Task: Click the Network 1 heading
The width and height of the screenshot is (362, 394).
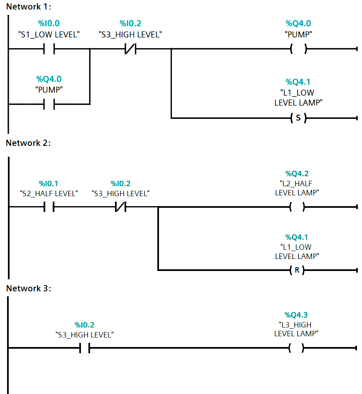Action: coord(29,7)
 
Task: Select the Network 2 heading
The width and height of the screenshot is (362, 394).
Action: coord(29,143)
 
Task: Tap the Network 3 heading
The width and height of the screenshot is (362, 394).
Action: coord(29,288)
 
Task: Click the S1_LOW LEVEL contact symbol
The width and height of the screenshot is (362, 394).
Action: coord(49,49)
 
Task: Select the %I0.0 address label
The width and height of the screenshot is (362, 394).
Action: coord(49,24)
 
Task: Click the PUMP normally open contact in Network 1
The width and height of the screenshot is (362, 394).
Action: coord(49,104)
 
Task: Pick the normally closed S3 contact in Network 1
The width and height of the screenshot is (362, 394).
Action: coord(130,49)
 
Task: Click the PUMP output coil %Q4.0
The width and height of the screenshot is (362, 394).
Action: coord(298,49)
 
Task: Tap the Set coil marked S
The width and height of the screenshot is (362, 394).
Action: coord(298,118)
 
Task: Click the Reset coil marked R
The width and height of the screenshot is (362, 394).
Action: coord(297,270)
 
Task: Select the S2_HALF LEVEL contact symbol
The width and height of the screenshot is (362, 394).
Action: coord(49,207)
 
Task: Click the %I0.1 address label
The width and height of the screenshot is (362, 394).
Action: coord(49,183)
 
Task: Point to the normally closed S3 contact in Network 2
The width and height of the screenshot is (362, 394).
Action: coord(120,207)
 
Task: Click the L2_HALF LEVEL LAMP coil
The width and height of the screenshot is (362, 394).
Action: coord(297,207)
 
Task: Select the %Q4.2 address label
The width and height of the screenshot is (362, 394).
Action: coord(297,174)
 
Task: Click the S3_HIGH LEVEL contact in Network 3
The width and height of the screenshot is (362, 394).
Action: coord(85,348)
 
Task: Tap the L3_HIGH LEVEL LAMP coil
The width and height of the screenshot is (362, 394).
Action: coord(297,348)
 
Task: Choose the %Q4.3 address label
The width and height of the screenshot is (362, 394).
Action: coord(296,315)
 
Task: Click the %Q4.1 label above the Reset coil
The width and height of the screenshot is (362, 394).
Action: coord(297,237)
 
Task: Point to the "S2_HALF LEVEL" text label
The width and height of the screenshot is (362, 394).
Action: coord(49,193)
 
